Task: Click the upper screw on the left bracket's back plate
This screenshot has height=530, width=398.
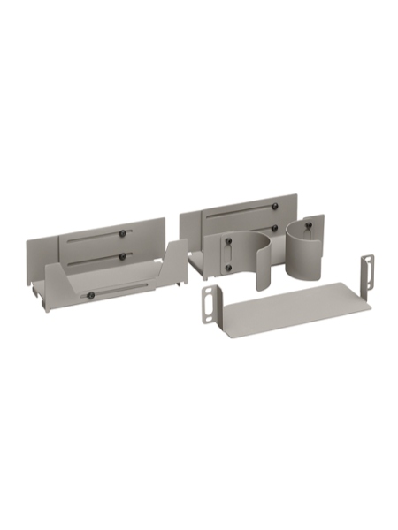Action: coord(122,234)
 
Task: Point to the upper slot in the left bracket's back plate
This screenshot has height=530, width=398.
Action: coord(93,237)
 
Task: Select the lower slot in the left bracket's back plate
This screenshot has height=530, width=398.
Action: coord(93,260)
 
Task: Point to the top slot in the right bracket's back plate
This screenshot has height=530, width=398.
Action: coord(239,211)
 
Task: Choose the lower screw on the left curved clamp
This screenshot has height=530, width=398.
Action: coord(227,268)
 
